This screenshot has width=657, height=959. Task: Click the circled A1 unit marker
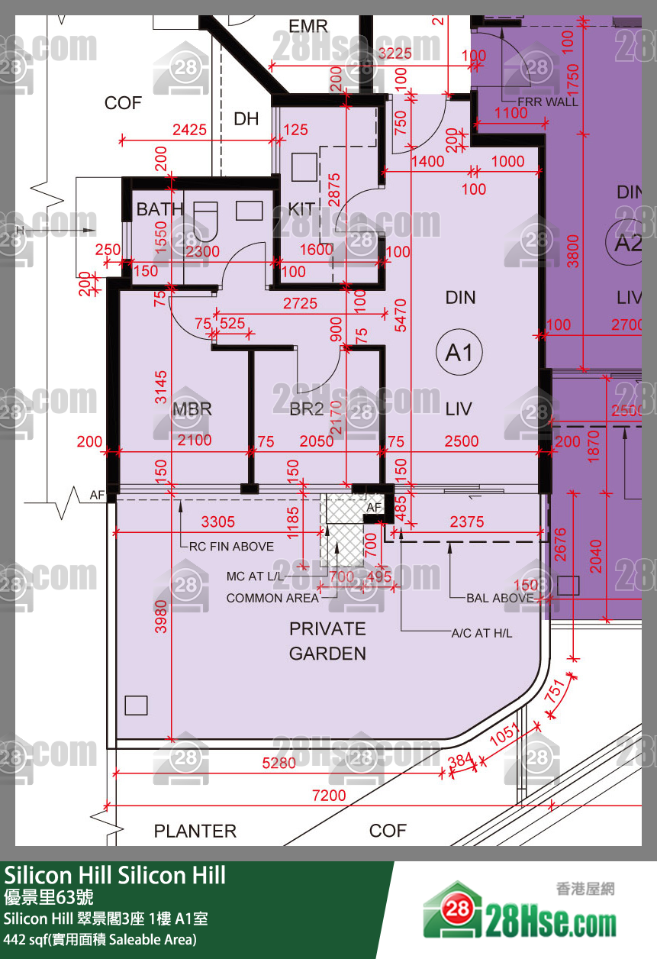point(459,352)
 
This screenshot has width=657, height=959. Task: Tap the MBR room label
point(192,409)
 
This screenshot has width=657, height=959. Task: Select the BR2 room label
point(306,409)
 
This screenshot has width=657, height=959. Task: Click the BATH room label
point(159,208)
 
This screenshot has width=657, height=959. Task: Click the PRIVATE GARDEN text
point(327,641)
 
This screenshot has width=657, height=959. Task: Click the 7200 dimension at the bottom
point(329,796)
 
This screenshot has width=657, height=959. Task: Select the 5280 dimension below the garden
point(279,763)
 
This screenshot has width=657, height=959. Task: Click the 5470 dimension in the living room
point(399,314)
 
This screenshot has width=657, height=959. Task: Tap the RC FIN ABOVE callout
point(232,547)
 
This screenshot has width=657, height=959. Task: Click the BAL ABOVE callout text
point(500,598)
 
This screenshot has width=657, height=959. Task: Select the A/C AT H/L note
point(481,634)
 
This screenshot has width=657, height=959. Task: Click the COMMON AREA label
point(272,598)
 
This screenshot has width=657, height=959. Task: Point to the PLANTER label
point(195,831)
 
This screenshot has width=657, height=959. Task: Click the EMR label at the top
point(308,27)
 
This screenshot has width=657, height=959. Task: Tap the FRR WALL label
point(547,102)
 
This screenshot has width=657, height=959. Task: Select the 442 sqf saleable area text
point(100,939)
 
